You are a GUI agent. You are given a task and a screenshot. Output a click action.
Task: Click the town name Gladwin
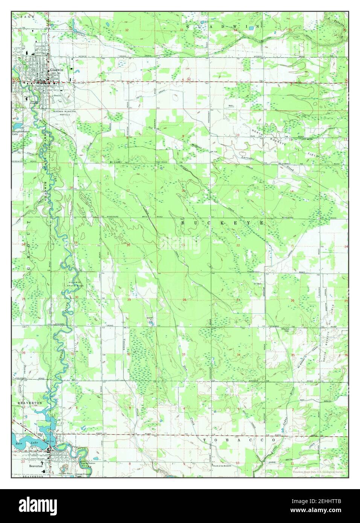tap(56, 70)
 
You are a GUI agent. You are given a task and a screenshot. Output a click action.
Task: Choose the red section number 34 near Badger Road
tap(238, 355)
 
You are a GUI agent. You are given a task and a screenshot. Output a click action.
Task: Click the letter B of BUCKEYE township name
tap(183, 223)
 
